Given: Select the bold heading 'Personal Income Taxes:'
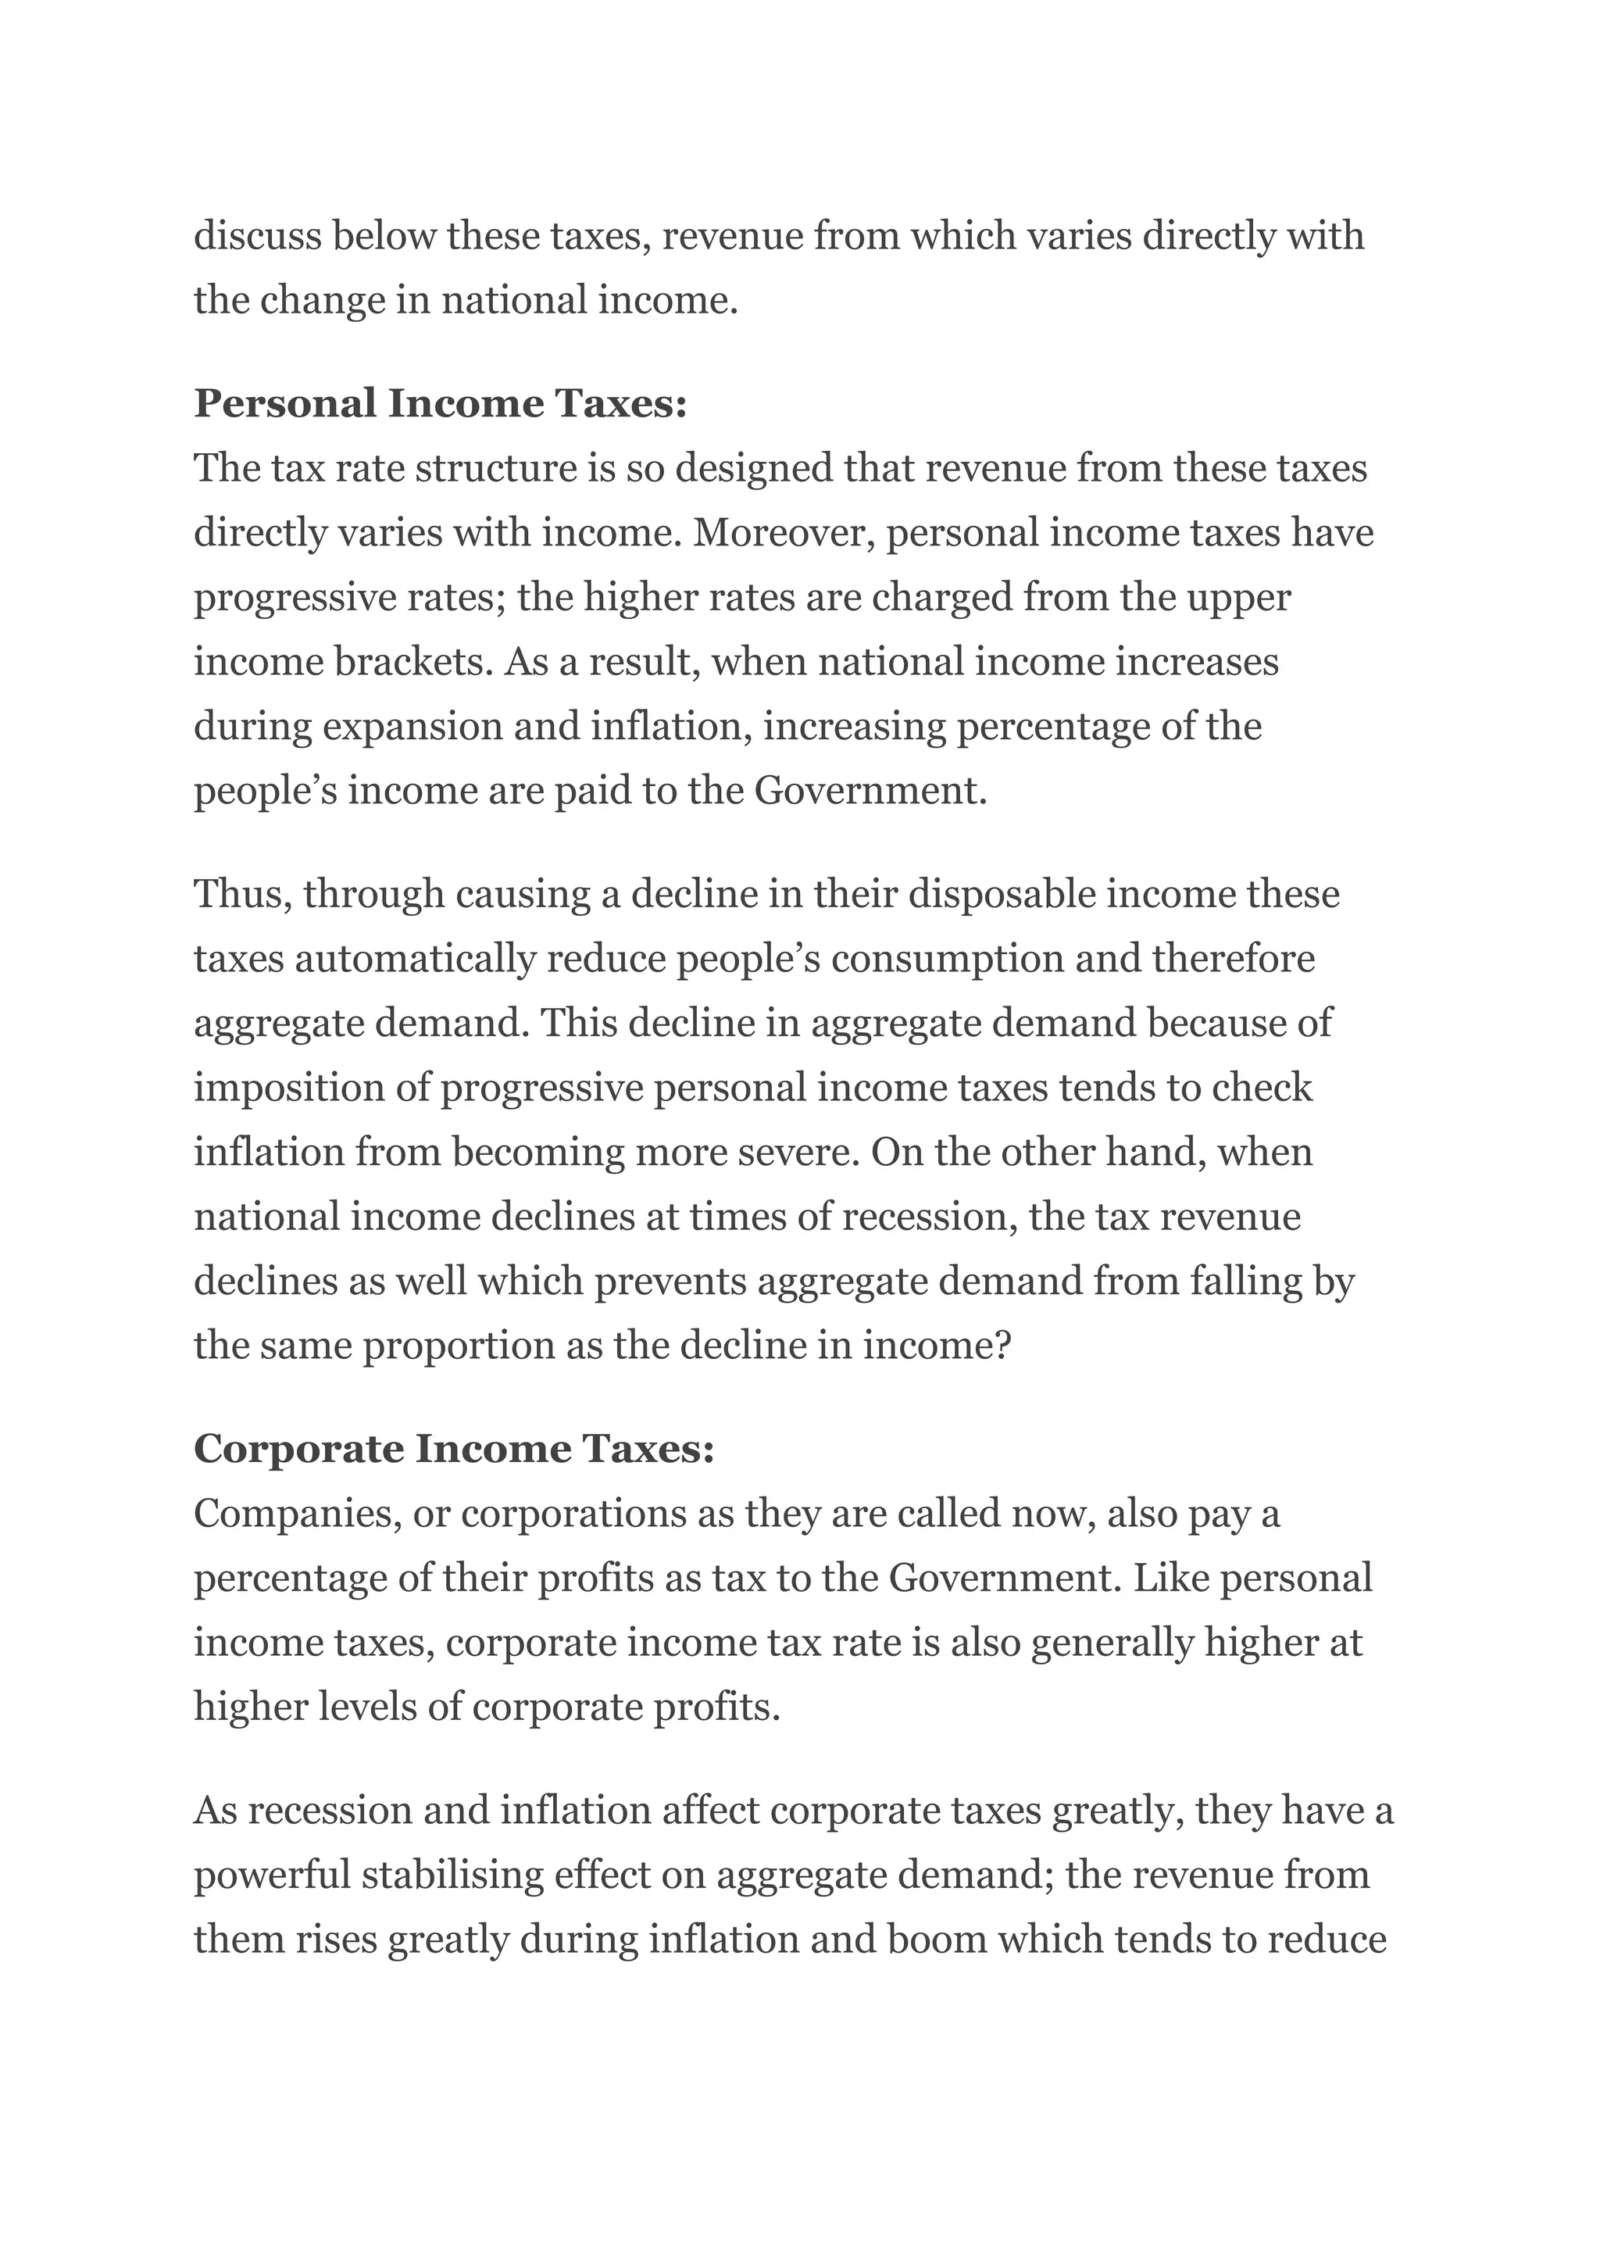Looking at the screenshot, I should pyautogui.click(x=439, y=404).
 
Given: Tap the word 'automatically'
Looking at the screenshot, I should pyautogui.click(x=415, y=959).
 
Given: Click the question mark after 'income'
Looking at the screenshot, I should pyautogui.click(x=1004, y=1346).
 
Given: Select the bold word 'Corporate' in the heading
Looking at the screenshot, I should pyautogui.click(x=298, y=1449).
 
